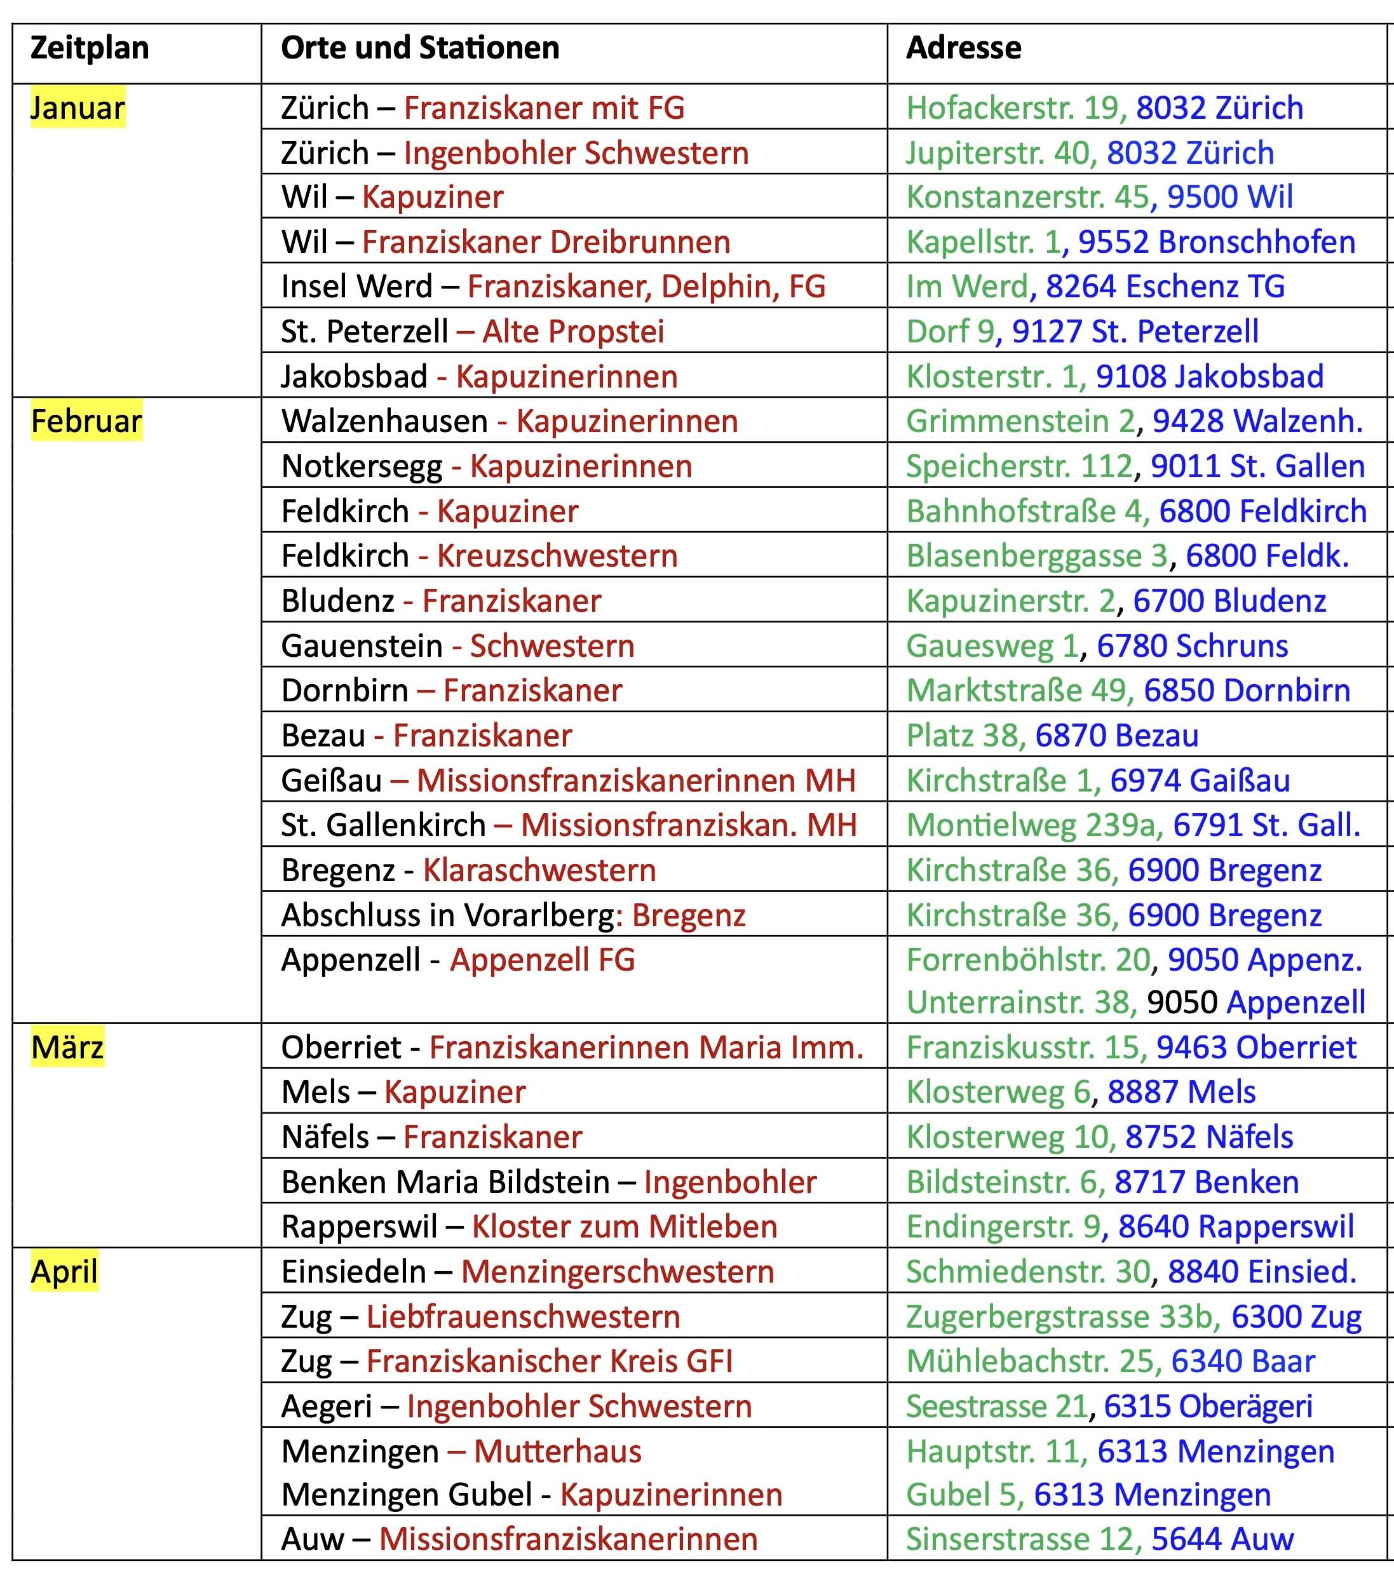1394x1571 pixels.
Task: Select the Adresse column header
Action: (x=963, y=48)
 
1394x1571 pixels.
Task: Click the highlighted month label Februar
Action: (x=86, y=422)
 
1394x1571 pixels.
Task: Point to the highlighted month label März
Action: (x=67, y=1048)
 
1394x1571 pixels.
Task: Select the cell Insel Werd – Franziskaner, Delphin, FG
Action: (x=553, y=287)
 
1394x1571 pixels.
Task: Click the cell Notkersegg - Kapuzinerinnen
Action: (x=487, y=466)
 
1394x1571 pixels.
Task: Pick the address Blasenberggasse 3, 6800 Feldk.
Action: (x=1127, y=556)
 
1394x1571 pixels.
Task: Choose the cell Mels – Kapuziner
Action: (x=403, y=1092)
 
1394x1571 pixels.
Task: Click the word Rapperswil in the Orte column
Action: (x=359, y=1227)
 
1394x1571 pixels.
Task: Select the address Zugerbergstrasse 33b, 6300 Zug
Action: (x=1133, y=1318)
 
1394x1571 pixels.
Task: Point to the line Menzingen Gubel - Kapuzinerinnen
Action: (x=531, y=1495)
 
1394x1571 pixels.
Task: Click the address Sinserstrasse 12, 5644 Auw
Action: (x=1100, y=1539)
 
